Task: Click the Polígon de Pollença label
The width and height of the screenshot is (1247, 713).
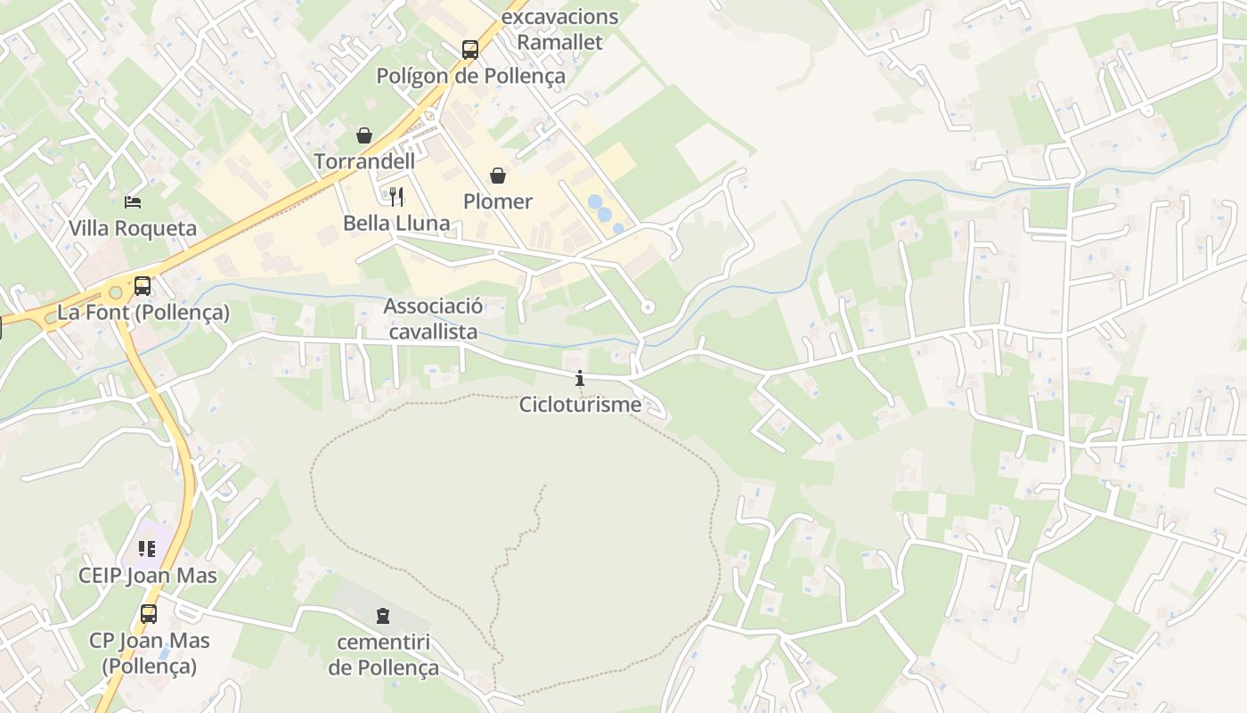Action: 470,76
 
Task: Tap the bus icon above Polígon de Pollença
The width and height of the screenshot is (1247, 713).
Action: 470,50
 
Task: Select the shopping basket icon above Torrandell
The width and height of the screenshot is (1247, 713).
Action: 364,135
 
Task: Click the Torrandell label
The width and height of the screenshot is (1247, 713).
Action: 364,161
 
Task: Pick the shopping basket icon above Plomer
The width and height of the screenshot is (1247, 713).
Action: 498,176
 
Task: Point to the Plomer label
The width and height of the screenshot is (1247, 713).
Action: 498,201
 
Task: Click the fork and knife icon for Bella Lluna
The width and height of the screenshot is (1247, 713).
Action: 397,197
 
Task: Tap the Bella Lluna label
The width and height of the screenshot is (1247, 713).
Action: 397,223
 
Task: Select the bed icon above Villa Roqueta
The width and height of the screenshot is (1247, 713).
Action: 133,202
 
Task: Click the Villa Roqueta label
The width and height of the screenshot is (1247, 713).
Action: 133,228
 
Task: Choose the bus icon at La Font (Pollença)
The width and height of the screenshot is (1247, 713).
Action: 143,286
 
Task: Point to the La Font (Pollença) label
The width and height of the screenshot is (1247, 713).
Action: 143,313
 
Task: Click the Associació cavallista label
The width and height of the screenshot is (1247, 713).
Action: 433,319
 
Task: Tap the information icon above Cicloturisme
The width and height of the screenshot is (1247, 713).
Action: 580,379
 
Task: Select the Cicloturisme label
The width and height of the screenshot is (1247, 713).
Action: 580,405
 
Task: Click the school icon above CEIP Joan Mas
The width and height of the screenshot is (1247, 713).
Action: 147,549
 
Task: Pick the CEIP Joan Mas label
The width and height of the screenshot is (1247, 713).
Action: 147,576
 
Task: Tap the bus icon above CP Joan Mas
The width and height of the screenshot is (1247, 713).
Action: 149,614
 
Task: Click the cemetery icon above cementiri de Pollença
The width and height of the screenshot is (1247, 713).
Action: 383,616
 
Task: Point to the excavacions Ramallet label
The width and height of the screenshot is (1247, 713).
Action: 560,29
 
